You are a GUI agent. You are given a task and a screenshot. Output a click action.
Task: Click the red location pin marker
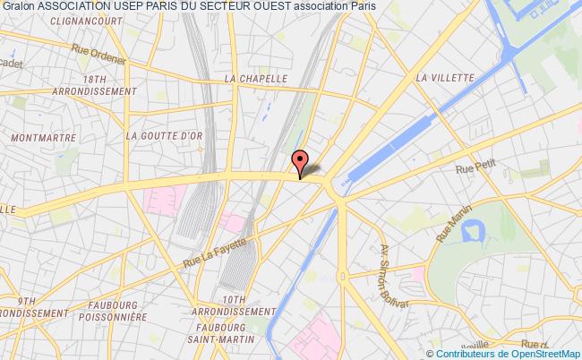tap(300, 162)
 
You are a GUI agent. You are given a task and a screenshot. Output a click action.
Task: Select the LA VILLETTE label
tap(444, 78)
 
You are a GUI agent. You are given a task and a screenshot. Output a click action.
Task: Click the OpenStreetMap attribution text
tap(529, 353)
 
